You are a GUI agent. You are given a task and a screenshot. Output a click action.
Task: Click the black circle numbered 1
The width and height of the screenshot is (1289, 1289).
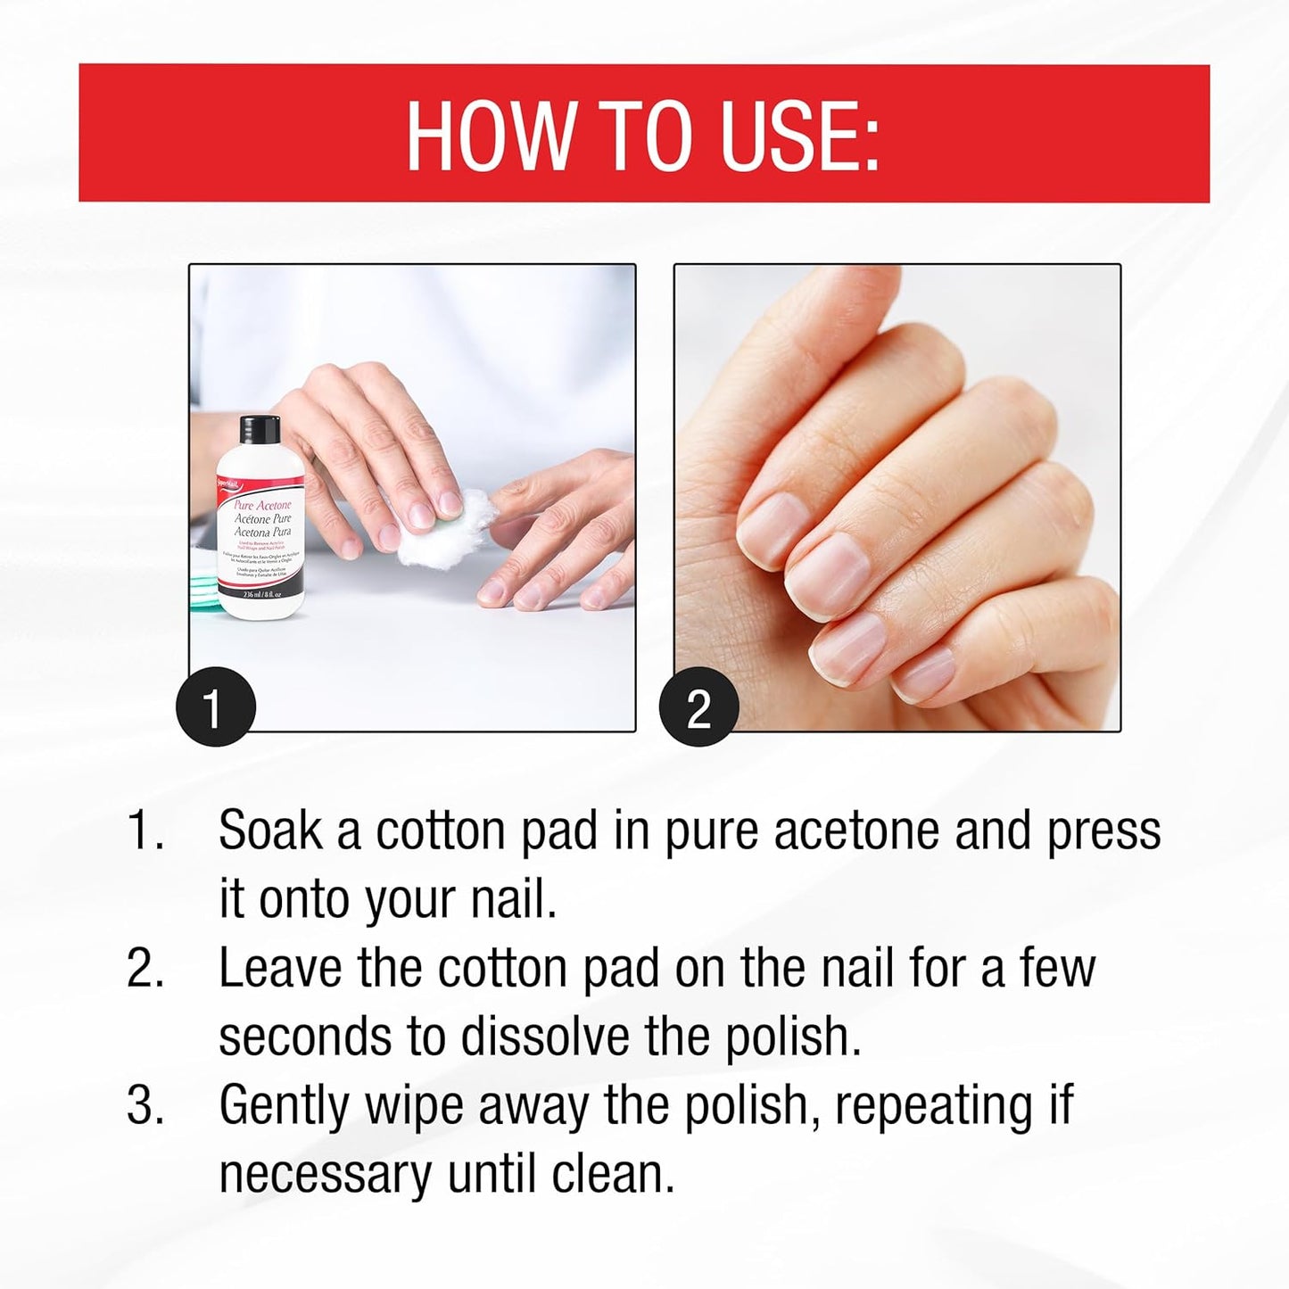[x=215, y=706]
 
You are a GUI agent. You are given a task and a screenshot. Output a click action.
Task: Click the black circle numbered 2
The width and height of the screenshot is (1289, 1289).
[x=698, y=706]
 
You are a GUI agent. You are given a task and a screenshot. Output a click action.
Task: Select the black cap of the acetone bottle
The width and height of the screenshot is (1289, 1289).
[x=260, y=429]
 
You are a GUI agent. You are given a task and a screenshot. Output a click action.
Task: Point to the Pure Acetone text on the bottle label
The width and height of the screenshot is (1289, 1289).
[x=262, y=505]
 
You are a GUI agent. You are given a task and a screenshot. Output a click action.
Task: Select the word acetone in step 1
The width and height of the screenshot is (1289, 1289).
[x=857, y=830]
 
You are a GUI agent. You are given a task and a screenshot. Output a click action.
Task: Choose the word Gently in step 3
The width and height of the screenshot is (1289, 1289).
[x=285, y=1106]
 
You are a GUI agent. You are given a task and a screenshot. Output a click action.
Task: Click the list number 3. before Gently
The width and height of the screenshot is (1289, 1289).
[x=145, y=1105]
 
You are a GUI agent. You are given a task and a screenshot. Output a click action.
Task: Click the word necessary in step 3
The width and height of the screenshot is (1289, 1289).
[x=326, y=1174]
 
